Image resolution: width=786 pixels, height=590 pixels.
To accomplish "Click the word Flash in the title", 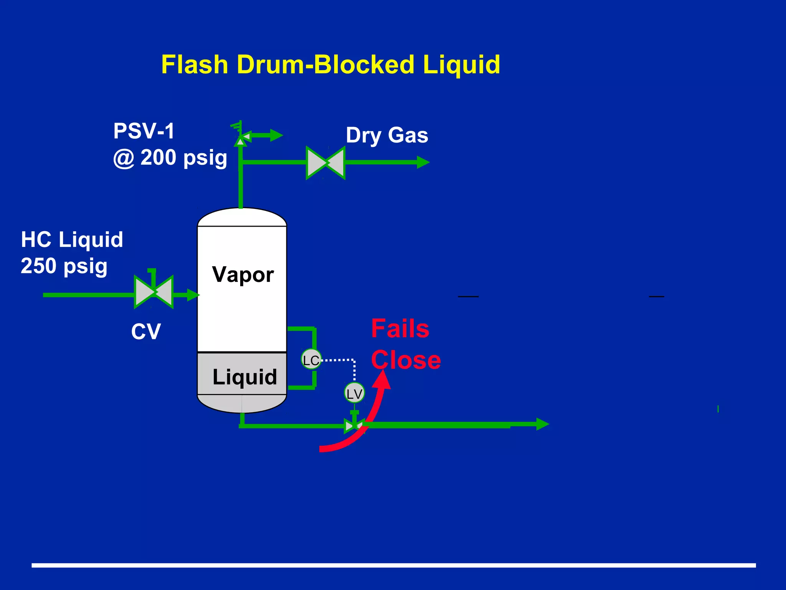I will coord(195,65).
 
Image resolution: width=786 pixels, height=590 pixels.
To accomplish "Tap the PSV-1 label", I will coord(144,131).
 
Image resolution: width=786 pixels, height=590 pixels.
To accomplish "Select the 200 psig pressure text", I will coord(183,158).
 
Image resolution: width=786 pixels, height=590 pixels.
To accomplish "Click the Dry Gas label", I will coord(387,135).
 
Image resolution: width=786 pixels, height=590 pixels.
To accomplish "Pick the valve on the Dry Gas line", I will coord(325,163).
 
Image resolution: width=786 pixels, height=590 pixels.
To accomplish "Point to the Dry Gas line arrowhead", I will coord(423,162).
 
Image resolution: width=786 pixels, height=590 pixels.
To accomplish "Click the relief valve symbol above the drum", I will coord(241,136).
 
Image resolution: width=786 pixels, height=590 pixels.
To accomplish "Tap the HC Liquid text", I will coord(72,240).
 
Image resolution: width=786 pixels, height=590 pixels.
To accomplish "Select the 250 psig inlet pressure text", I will coord(64,266).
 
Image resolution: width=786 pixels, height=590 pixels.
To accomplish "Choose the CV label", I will coord(146,331).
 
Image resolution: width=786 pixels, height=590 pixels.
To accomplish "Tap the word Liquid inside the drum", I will coord(244,377).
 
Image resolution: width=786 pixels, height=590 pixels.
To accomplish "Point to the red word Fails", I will coord(400,329).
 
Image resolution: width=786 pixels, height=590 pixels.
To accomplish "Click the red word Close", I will coord(406,361).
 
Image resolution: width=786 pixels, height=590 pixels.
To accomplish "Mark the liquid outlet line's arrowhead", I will coord(542,424).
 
